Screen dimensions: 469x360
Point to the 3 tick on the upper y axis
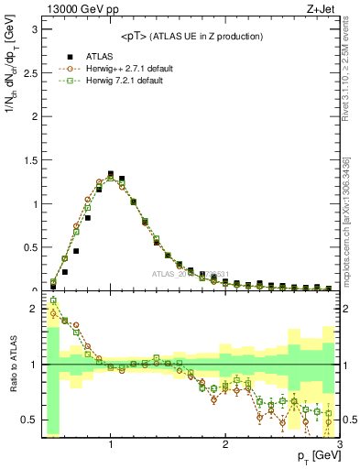coord(33,28)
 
